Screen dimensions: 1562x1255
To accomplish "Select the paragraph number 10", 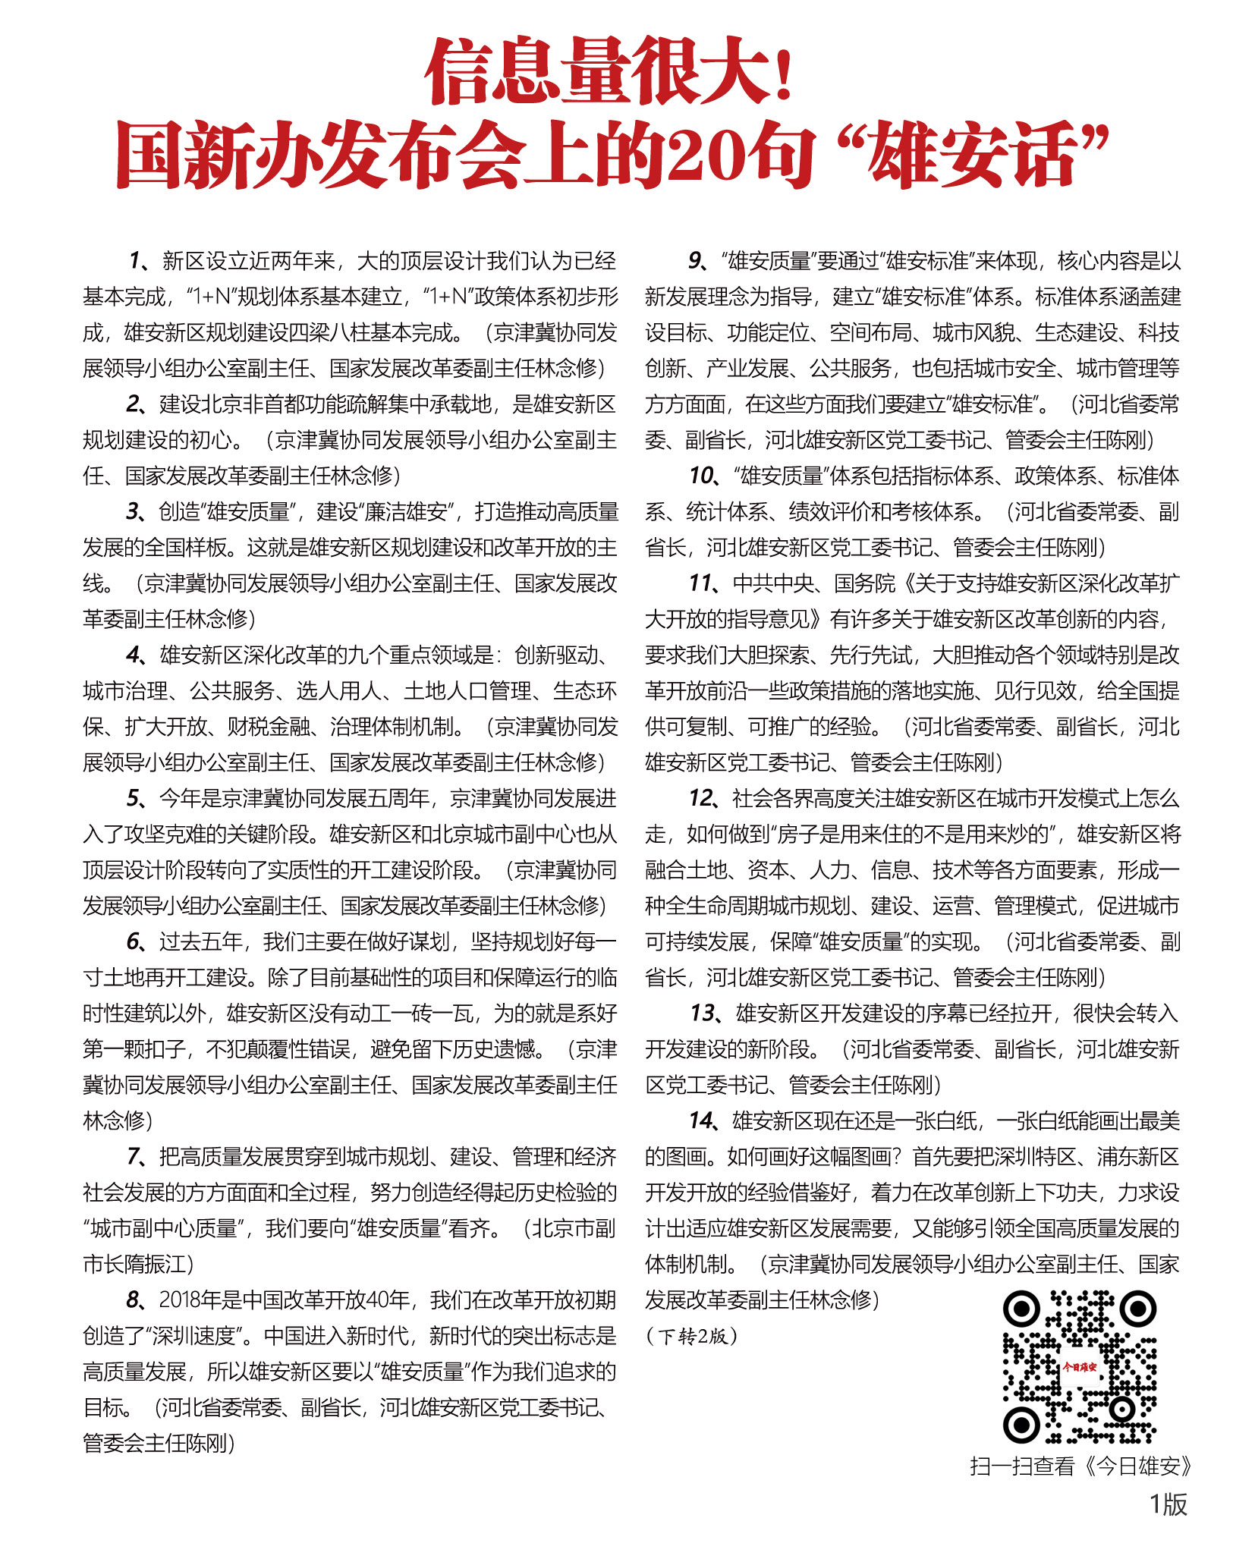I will (700, 476).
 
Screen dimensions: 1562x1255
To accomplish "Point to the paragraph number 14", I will (701, 1121).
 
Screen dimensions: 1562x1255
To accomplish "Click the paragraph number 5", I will (134, 799).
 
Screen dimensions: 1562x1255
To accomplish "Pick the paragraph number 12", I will (701, 799).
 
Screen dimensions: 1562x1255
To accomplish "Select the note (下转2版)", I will (691, 1336).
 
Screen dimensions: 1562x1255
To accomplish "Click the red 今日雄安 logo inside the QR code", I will (1079, 1367).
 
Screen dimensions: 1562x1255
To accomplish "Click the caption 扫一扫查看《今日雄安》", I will (1080, 1466).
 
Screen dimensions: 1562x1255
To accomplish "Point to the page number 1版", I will (1168, 1504).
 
